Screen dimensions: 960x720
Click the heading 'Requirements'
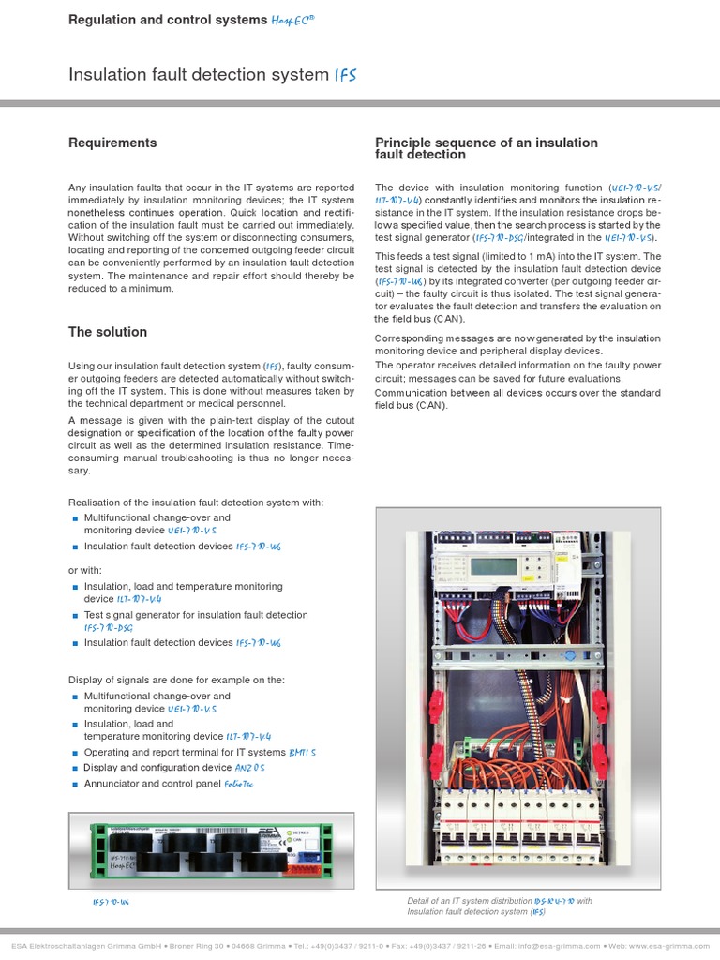(112, 143)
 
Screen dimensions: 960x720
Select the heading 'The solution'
(108, 332)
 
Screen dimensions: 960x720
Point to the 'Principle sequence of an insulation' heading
(486, 142)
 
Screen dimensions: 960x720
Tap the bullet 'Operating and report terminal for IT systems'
(184, 753)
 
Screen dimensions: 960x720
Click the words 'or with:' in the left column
(87, 570)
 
